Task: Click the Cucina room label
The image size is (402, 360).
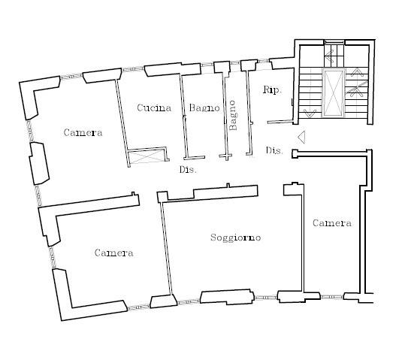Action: pos(154,107)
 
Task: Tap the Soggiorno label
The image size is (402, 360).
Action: pos(236,237)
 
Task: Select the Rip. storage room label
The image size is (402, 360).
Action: pos(272,90)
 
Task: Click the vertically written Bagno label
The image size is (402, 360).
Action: pos(233,115)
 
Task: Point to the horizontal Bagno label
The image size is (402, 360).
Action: pos(204,108)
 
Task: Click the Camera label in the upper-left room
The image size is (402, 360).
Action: pos(83,132)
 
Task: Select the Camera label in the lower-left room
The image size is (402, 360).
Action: pos(113,253)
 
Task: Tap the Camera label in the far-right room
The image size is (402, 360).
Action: pos(332,223)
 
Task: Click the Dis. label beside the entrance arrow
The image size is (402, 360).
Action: pos(274,150)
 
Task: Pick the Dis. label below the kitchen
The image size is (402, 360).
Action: pos(188,170)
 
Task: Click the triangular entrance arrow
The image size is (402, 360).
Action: pos(301,137)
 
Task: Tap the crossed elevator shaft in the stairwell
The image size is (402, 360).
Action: pos(334,93)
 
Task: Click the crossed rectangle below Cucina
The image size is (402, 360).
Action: pos(146,156)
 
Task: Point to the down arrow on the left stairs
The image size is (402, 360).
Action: pos(310,113)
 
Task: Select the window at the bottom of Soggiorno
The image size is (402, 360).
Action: pos(266,298)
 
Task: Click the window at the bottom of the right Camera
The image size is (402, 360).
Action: pos(332,297)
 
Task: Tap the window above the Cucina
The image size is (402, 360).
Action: pos(132,69)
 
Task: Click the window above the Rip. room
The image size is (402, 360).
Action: pos(263,61)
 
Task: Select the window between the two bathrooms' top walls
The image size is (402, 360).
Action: pos(235,63)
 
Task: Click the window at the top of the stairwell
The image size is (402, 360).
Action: pos(334,42)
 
